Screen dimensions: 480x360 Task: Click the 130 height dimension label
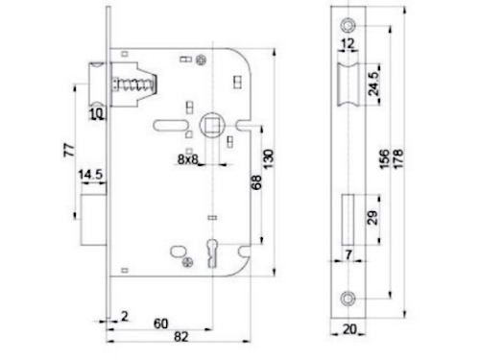click(x=268, y=159)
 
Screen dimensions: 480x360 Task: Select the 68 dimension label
click(x=256, y=182)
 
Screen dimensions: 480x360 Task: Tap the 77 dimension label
click(x=69, y=150)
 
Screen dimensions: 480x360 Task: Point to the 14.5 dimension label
click(x=90, y=175)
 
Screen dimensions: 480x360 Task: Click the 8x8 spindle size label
click(x=188, y=159)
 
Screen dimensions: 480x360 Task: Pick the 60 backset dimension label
click(x=160, y=324)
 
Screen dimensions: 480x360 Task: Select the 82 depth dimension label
click(x=181, y=337)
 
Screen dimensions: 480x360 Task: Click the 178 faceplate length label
click(x=398, y=159)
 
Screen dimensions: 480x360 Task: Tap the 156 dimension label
click(x=384, y=159)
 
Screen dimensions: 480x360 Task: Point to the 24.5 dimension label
click(x=373, y=84)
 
